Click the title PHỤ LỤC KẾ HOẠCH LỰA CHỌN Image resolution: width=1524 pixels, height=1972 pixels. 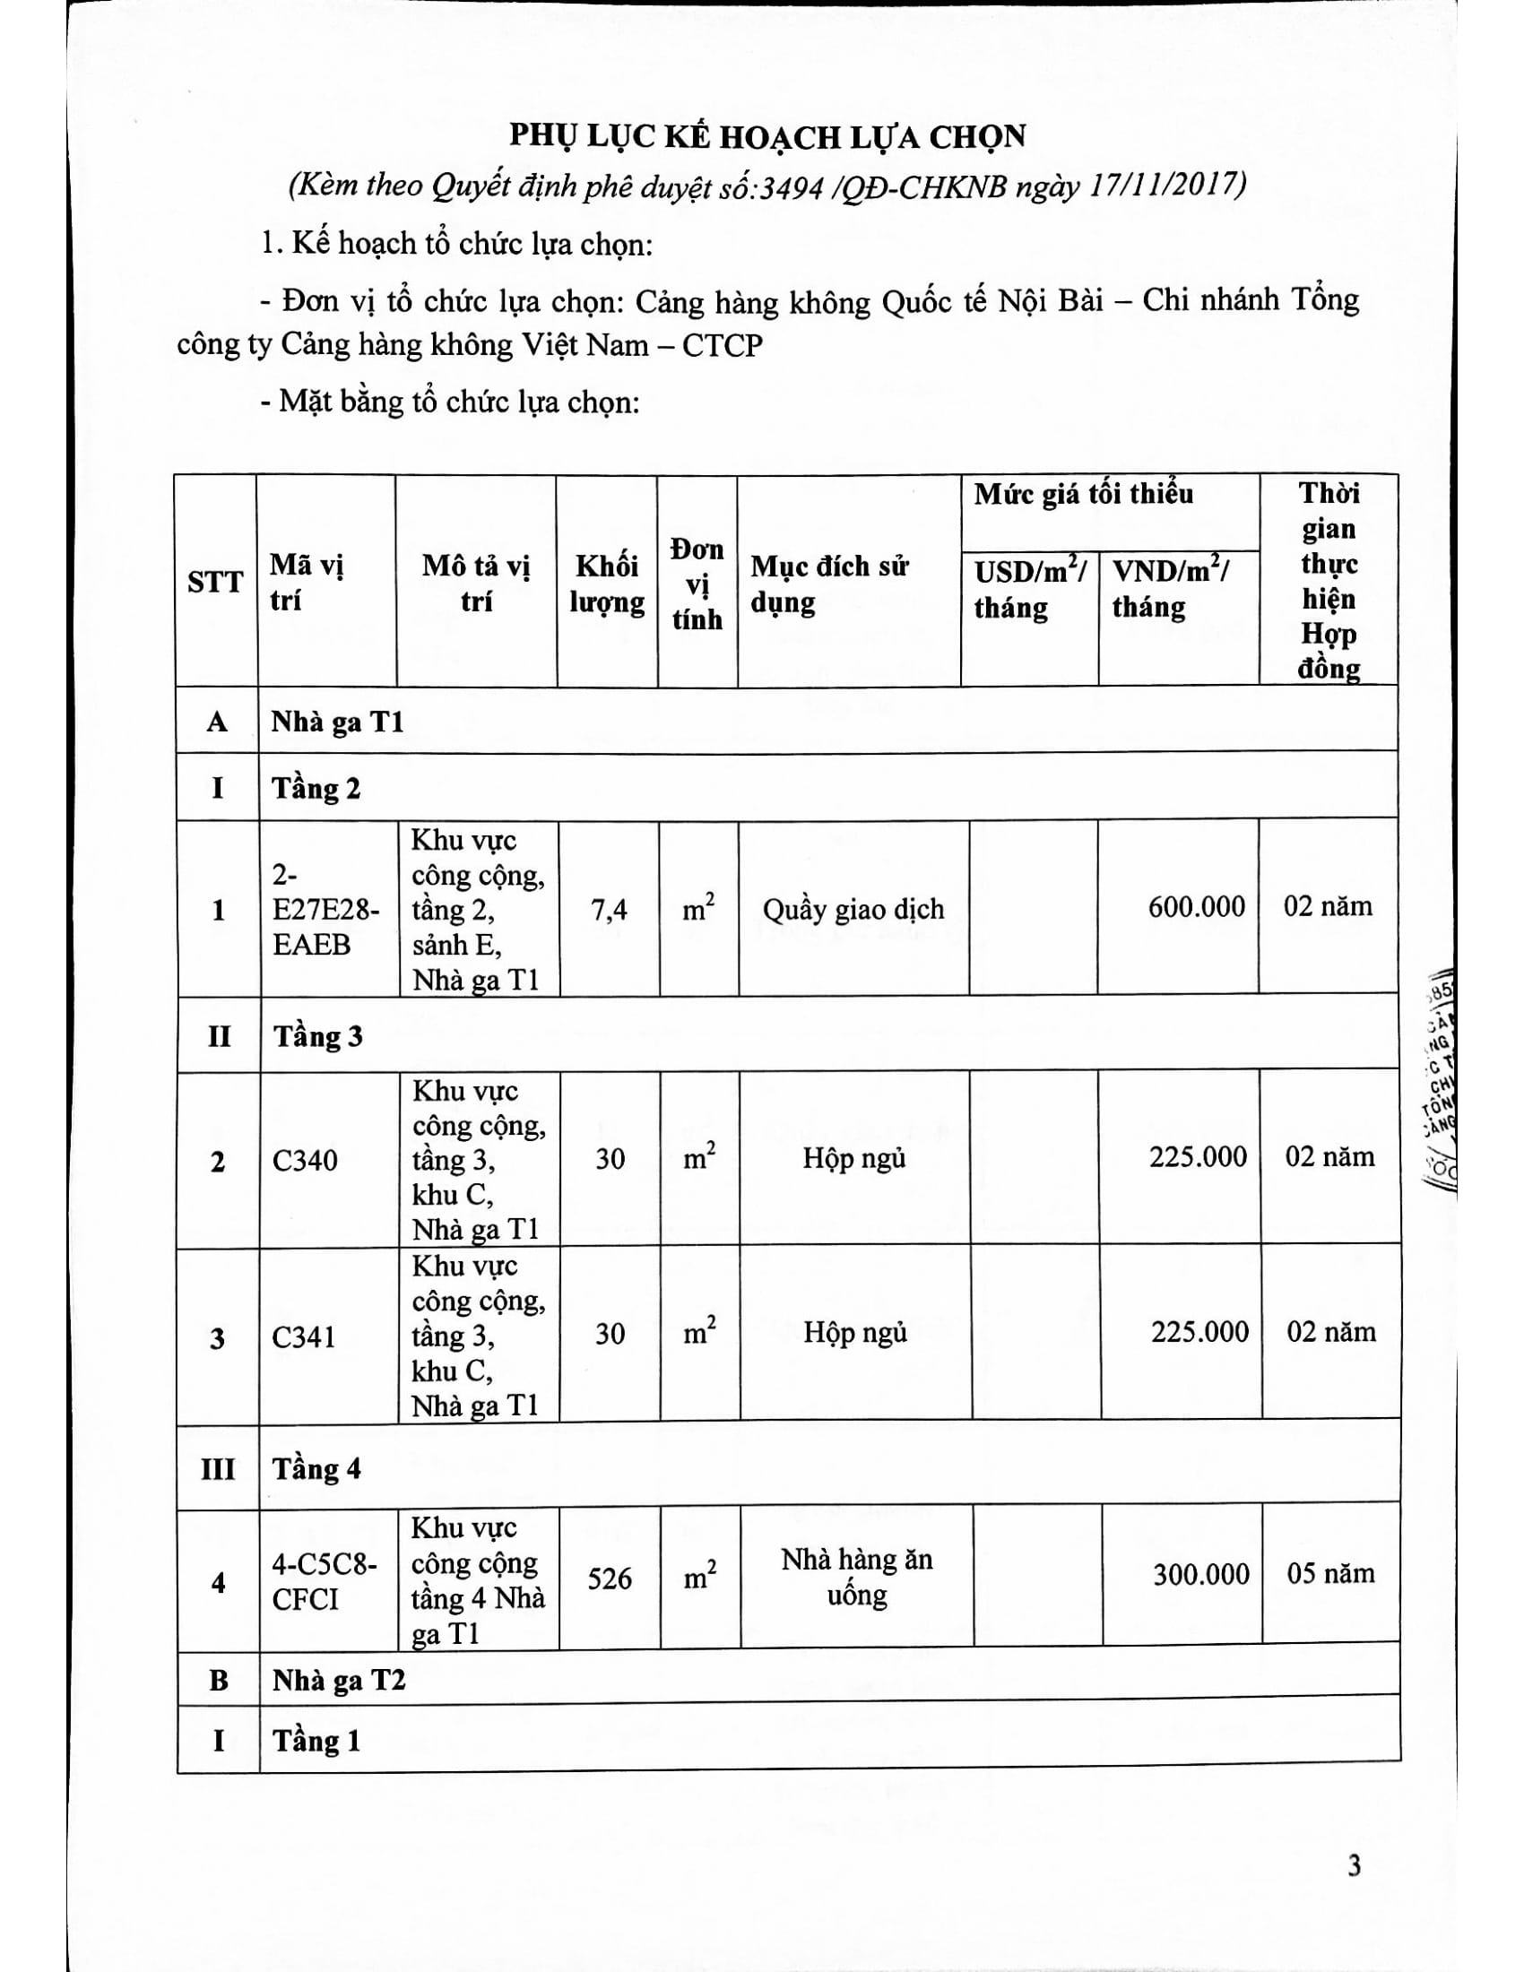767,136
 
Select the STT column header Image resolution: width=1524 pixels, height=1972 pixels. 215,583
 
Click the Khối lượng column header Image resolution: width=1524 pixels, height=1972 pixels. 607,584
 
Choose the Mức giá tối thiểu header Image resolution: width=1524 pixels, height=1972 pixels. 1084,494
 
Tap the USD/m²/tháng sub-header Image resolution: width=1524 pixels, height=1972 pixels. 1029,589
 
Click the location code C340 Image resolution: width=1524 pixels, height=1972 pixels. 305,1160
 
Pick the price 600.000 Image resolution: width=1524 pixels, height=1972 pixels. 1196,906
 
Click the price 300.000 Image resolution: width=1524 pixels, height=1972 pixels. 1200,1575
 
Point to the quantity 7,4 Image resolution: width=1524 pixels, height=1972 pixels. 609,910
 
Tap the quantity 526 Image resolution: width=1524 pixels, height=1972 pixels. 610,1578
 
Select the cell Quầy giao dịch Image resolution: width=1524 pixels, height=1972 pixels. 853,908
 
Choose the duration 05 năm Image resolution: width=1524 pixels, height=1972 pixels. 1330,1574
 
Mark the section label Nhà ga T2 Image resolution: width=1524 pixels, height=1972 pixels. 339,1681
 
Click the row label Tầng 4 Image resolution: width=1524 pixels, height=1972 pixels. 316,1469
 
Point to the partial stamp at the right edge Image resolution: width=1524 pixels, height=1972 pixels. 1441,1084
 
